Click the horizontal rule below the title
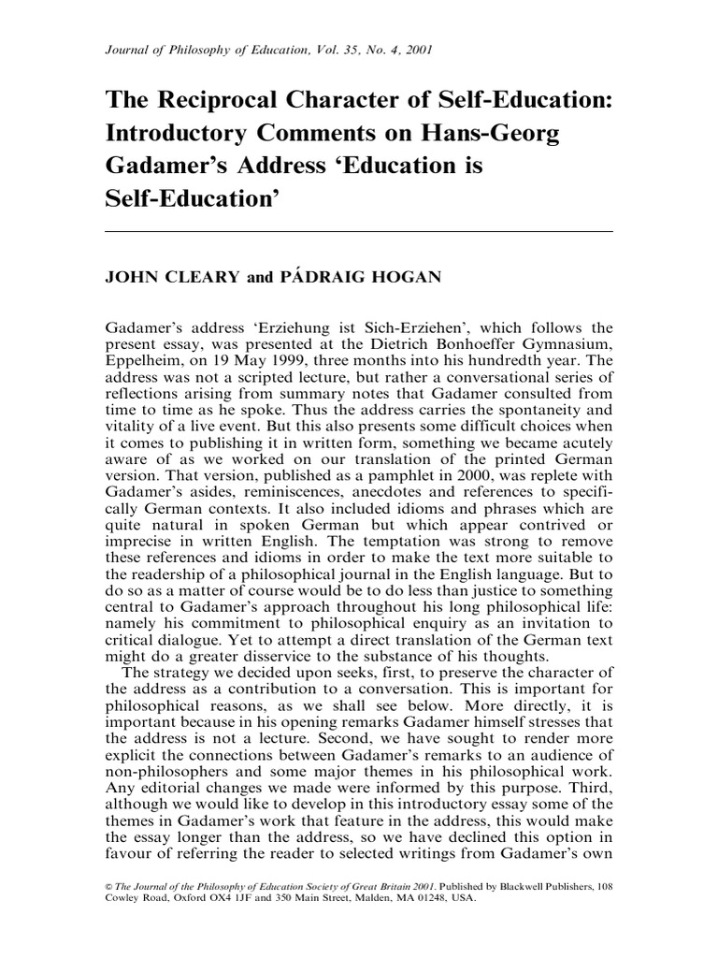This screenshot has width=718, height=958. [x=359, y=231]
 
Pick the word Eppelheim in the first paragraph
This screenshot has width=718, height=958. [x=141, y=360]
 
